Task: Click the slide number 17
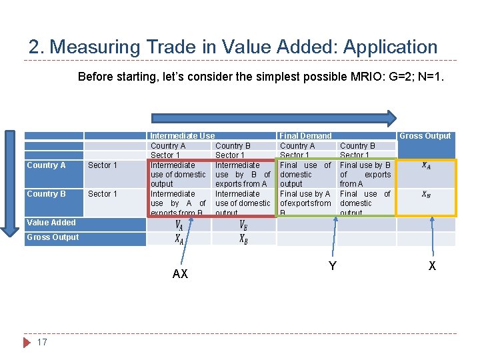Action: click(42, 342)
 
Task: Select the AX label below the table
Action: click(180, 274)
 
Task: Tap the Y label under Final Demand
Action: click(332, 266)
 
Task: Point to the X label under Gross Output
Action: click(432, 266)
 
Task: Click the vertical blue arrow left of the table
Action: click(10, 183)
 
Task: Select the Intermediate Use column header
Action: click(182, 135)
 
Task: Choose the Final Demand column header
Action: click(305, 135)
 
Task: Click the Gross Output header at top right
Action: click(425, 135)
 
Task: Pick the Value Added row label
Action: click(51, 223)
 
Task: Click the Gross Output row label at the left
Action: click(53, 237)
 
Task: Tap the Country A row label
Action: click(46, 165)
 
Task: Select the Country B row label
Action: click(46, 194)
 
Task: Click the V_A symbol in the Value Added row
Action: click(179, 225)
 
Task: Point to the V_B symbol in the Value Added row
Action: click(243, 225)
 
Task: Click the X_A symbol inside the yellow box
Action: click(426, 166)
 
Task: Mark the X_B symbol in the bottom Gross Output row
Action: click(243, 239)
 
